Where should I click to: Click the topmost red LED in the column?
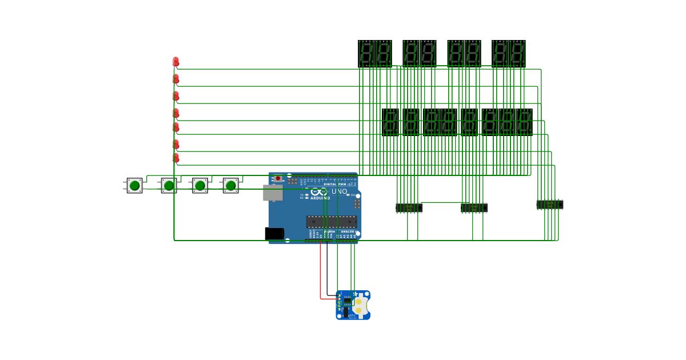[176, 61]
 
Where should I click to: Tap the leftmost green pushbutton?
[134, 185]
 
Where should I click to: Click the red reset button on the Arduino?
[278, 179]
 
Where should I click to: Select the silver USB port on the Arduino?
[272, 193]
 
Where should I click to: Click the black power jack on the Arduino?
[274, 233]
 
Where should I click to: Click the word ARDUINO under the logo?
[320, 198]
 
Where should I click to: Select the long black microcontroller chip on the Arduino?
[331, 221]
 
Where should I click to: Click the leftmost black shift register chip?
[409, 207]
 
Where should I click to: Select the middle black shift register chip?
[474, 207]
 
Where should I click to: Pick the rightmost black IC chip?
[550, 204]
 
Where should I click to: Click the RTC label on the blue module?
[353, 315]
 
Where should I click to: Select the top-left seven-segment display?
[366, 54]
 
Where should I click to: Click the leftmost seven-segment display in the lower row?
[390, 122]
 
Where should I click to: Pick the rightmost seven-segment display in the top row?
[517, 54]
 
